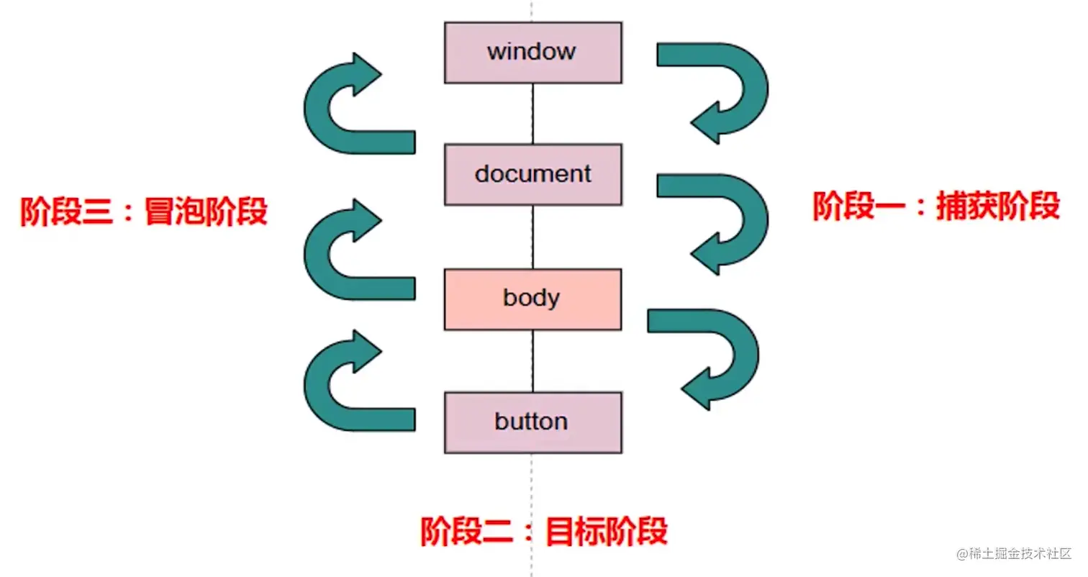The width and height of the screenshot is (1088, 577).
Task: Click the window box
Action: click(532, 53)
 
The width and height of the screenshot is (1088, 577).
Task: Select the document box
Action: click(532, 174)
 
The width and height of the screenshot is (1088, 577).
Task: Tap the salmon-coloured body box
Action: click(532, 299)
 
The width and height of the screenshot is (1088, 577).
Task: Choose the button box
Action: click(532, 422)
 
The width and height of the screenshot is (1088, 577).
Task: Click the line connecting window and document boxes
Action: click(532, 113)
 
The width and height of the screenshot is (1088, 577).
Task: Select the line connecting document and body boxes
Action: click(532, 237)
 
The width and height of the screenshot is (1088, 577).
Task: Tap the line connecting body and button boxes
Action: click(532, 361)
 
